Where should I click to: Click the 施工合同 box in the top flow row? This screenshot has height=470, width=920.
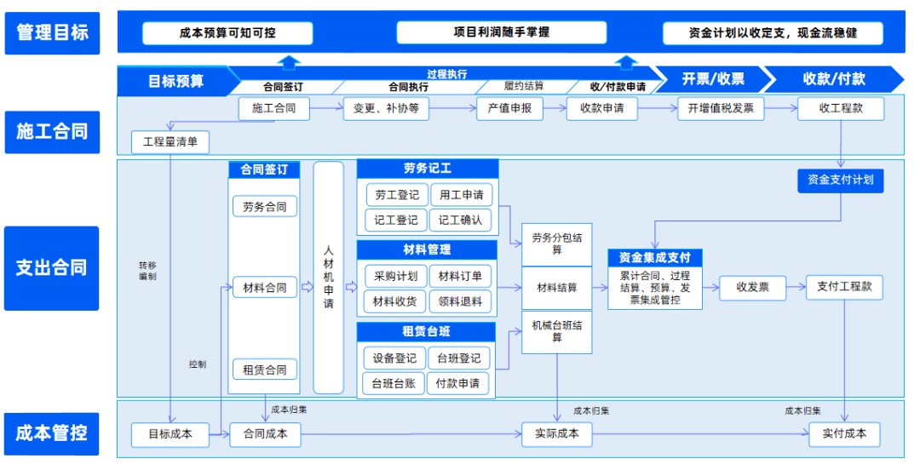click(x=273, y=108)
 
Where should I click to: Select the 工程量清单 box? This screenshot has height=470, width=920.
click(x=170, y=142)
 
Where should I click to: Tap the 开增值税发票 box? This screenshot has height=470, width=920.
click(x=721, y=108)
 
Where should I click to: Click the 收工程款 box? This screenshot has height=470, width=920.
click(x=840, y=108)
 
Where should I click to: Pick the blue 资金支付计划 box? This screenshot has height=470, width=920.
click(x=840, y=180)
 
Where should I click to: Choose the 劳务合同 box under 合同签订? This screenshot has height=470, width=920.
click(x=265, y=207)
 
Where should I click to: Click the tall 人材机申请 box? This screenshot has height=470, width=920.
click(x=329, y=278)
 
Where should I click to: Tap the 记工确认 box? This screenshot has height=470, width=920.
click(x=461, y=220)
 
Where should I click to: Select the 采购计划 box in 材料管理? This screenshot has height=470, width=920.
click(x=396, y=276)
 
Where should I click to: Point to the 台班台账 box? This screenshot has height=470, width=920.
click(x=394, y=383)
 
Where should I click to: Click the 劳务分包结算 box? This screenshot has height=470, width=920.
click(x=557, y=244)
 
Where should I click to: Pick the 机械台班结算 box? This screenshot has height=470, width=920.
click(x=557, y=331)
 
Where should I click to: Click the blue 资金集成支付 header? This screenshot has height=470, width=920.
click(x=654, y=257)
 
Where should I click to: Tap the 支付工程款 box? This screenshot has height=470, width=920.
click(x=844, y=287)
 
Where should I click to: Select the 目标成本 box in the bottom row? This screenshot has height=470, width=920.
click(x=170, y=434)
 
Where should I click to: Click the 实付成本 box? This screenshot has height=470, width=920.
click(x=844, y=434)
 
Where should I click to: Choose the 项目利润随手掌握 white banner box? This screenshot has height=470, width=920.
click(x=501, y=32)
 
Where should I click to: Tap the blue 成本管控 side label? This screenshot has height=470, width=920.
click(x=51, y=433)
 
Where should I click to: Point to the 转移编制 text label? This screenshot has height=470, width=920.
click(x=148, y=271)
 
